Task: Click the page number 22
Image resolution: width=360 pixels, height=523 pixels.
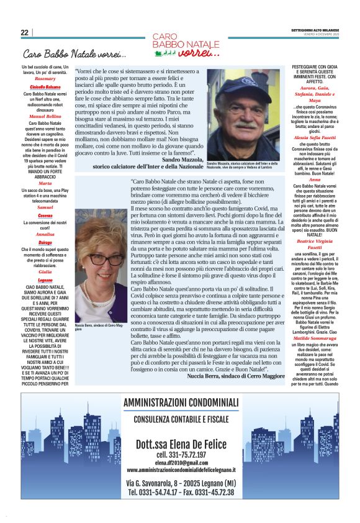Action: point(24,32)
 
